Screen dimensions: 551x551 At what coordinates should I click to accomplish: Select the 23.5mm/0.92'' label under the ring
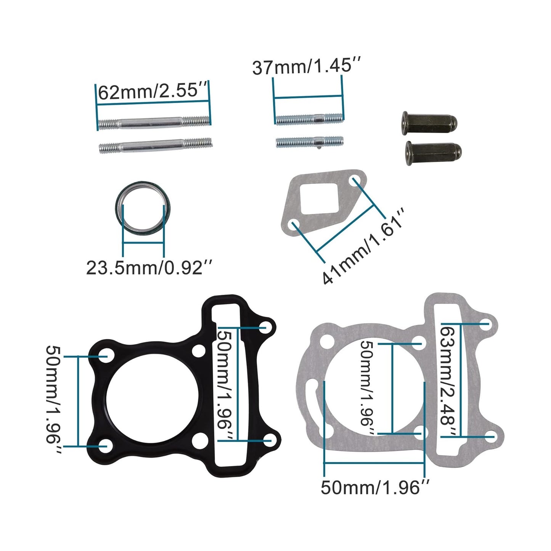click(x=149, y=267)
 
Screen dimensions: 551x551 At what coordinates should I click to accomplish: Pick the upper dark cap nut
click(x=429, y=121)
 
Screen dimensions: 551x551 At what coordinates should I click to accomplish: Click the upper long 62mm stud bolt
click(x=154, y=122)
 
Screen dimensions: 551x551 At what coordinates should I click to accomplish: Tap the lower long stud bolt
click(x=155, y=145)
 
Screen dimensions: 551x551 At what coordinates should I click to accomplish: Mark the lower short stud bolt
click(x=309, y=142)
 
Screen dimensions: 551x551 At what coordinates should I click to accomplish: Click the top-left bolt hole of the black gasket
click(x=105, y=356)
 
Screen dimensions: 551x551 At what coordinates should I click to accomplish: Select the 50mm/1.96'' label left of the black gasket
click(x=54, y=400)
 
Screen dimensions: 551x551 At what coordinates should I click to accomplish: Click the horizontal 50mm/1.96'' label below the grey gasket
click(x=375, y=487)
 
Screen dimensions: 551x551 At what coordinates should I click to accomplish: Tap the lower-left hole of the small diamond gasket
click(x=294, y=225)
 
